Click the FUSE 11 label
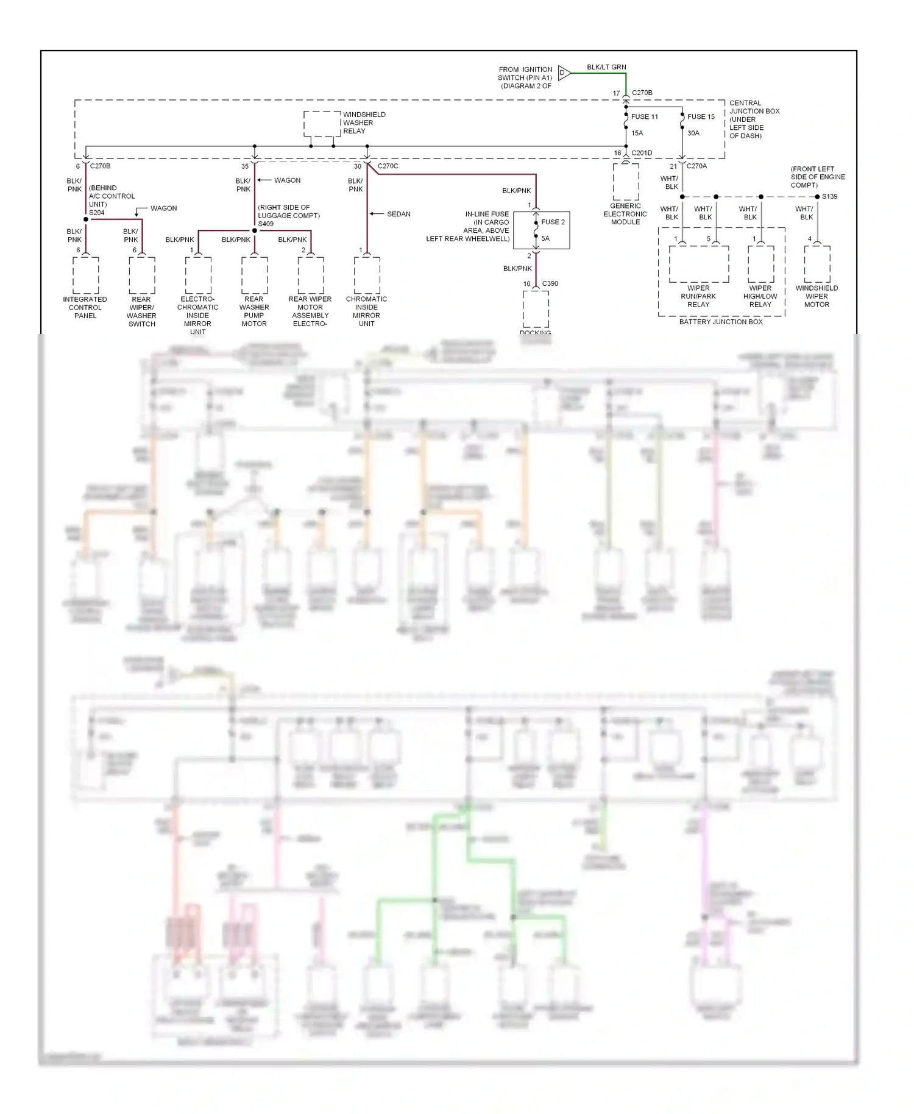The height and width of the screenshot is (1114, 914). click(644, 116)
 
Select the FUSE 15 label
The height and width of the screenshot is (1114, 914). click(701, 116)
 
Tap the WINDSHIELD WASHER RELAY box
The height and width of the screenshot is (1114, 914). click(322, 124)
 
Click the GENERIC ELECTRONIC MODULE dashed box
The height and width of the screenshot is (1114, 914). click(626, 182)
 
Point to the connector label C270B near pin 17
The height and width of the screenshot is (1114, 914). click(642, 93)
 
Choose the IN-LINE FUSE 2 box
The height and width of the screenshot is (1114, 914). click(541, 230)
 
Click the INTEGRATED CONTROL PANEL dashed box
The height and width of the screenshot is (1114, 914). click(86, 275)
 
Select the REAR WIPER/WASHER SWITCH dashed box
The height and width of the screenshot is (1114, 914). click(142, 275)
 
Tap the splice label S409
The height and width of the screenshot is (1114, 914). click(266, 224)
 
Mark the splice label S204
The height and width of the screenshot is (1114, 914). click(97, 213)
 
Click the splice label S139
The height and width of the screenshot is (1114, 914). click(829, 196)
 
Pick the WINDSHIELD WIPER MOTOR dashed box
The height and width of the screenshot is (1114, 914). click(817, 264)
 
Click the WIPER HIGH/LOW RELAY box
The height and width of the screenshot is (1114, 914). click(761, 264)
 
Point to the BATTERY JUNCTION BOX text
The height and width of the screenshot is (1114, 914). click(721, 322)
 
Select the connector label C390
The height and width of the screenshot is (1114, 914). click(550, 283)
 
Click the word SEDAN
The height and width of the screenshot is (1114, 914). click(399, 214)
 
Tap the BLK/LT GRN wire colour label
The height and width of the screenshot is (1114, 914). click(606, 67)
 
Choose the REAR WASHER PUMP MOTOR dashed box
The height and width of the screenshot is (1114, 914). click(255, 275)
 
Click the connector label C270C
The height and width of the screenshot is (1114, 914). click(388, 166)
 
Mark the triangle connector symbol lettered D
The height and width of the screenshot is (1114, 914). click(564, 73)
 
